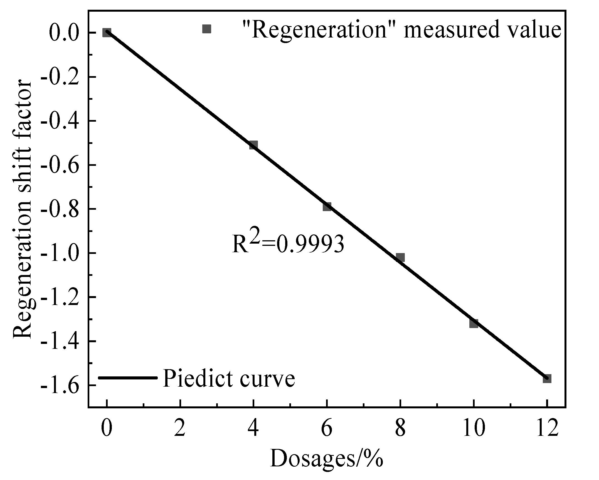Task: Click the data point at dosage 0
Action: pos(107,32)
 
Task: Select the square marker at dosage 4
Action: pos(253,145)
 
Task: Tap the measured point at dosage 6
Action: pos(327,206)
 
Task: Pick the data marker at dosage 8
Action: pos(400,257)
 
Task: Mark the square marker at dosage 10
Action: pos(474,323)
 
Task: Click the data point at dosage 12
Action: pos(547,379)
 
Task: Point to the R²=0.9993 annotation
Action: pos(288,243)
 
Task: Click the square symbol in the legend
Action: pos(207,29)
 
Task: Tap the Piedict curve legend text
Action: pos(229,378)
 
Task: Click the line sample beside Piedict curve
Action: pos(128,377)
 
